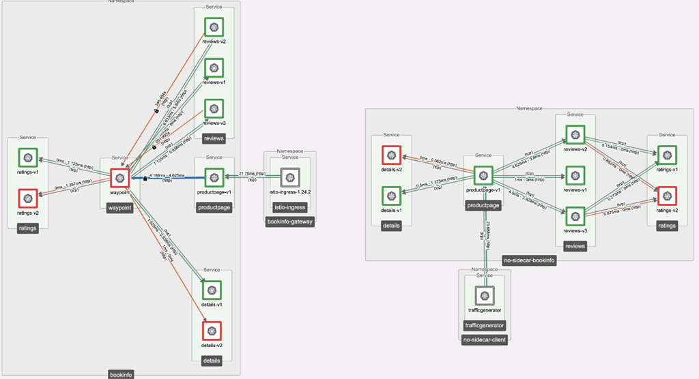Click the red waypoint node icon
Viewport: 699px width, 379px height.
pyautogui.click(x=120, y=179)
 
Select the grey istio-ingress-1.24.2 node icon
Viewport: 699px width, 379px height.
pyautogui.click(x=290, y=179)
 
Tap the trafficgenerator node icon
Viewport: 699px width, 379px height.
pyautogui.click(x=483, y=295)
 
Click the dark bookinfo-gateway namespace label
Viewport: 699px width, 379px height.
pyautogui.click(x=290, y=222)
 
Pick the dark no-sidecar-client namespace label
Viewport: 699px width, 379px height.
pyautogui.click(x=484, y=339)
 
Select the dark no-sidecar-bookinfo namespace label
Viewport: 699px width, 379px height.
pyautogui.click(x=529, y=260)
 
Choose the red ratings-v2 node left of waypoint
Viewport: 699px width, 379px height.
pyautogui.click(x=28, y=200)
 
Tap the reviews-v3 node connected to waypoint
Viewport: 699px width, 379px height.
pyautogui.click(x=214, y=108)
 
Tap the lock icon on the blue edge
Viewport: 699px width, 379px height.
pyautogui.click(x=145, y=179)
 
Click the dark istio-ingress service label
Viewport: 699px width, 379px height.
pyautogui.click(x=290, y=206)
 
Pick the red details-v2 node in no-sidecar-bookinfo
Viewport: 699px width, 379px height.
pyautogui.click(x=391, y=155)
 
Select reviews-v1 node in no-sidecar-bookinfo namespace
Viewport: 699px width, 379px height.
pyautogui.click(x=575, y=175)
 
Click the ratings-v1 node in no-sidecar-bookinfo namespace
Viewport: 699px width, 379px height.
pyautogui.click(x=666, y=155)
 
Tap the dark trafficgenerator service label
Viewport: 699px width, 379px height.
pyautogui.click(x=483, y=325)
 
